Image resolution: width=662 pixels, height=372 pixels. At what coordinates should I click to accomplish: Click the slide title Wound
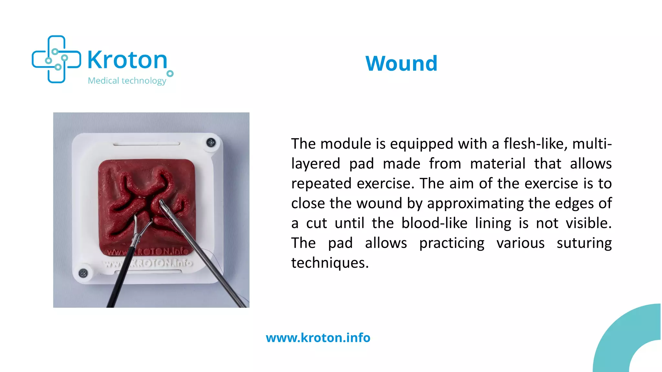coord(401,63)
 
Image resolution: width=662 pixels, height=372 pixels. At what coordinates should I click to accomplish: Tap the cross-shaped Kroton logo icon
coord(56,59)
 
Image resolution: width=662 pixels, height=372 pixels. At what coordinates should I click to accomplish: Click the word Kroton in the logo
coord(127,60)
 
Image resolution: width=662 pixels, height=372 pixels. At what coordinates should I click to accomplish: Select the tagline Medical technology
coord(127,80)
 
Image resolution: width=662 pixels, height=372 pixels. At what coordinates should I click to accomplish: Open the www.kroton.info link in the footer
coord(318,338)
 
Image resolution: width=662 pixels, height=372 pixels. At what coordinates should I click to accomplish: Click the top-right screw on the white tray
coord(211,142)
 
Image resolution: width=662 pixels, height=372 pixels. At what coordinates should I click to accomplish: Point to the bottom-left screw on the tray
coord(83,273)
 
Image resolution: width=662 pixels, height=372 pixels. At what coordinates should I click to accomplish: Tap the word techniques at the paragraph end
coord(330,263)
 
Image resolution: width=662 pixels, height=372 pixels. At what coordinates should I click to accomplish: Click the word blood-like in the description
coord(434,223)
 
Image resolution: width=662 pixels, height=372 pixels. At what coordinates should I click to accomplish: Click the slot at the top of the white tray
coord(146,143)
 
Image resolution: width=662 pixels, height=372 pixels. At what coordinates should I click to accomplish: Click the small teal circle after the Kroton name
coord(170,74)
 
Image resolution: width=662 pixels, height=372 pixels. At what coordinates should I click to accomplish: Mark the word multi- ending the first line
coord(592,144)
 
